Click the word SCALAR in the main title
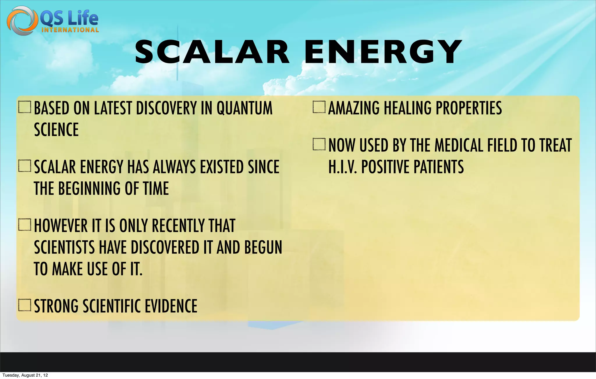point(212,52)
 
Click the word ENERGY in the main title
point(383,52)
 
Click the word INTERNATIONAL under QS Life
point(70,30)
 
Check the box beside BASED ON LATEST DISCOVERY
point(25,107)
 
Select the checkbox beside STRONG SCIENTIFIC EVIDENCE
point(25,305)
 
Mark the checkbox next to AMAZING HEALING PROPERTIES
point(319,107)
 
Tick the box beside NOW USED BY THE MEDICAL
point(319,144)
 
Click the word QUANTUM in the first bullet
point(244,108)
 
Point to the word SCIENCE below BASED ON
point(56,130)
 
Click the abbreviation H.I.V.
point(343,167)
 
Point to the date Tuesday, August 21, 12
point(25,375)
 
